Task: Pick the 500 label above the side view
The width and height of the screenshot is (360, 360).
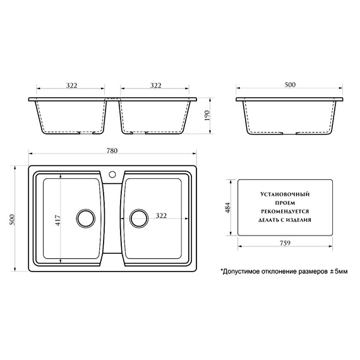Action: pos(290,85)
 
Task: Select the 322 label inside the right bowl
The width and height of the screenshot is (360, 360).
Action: pos(160,216)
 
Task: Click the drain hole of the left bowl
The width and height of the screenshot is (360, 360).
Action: pos(85,218)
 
